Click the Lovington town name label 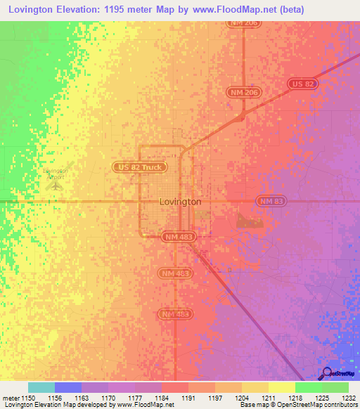(x=180, y=202)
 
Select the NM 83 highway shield (x=270, y=201)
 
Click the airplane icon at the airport (x=56, y=185)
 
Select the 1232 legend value (x=349, y=398)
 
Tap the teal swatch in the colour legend (x=41, y=387)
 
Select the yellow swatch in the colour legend (x=281, y=387)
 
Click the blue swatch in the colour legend (x=68, y=387)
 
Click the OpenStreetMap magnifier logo (x=326, y=375)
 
